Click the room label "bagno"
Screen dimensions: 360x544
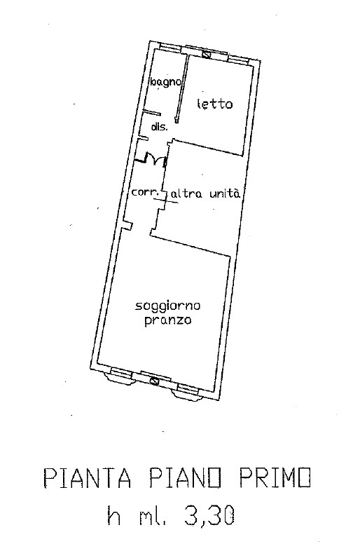(165, 83)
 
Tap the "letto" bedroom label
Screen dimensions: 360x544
(215, 104)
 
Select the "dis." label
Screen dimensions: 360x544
(160, 127)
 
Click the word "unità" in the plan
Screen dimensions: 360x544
(225, 193)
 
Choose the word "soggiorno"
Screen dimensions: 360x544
(167, 306)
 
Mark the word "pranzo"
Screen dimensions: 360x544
(167, 320)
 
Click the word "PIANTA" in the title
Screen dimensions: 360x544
(88, 477)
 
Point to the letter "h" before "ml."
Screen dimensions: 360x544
(115, 515)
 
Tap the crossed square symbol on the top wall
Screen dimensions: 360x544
(207, 54)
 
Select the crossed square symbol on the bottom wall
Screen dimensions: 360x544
(154, 381)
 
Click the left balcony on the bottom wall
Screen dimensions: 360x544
(121, 376)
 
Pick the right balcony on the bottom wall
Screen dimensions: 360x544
(186, 392)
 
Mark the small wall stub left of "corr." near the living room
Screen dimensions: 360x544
(129, 226)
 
